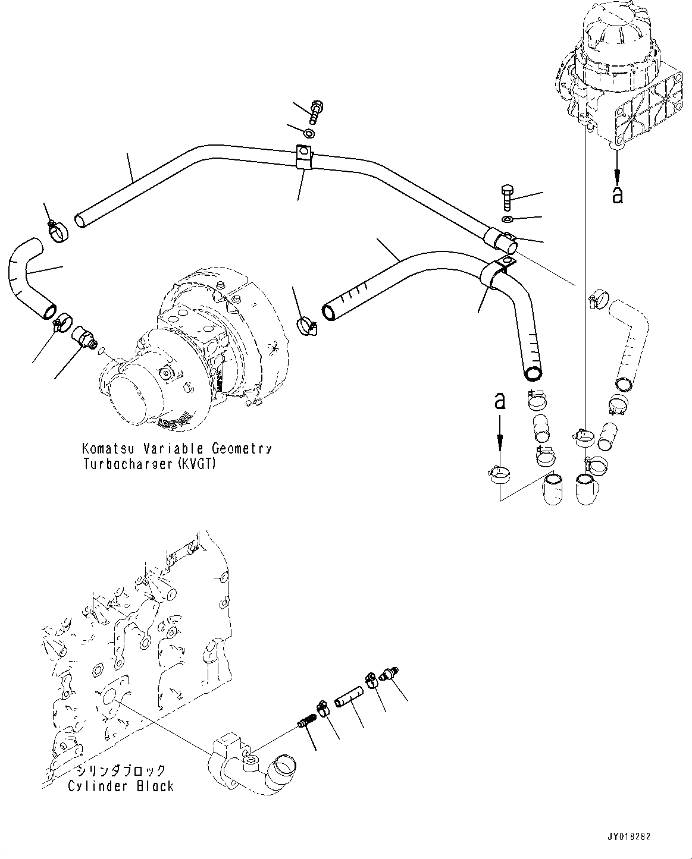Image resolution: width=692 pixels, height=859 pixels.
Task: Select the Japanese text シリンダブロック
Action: pos(120,771)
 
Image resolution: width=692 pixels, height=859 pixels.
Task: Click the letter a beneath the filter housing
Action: pos(618,194)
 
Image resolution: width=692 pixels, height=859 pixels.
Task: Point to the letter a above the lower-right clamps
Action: pos(500,401)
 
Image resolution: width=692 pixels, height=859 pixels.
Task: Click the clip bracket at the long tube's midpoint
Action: pos(303,158)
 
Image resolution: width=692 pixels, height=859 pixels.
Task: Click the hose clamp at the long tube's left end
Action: pos(58,229)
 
